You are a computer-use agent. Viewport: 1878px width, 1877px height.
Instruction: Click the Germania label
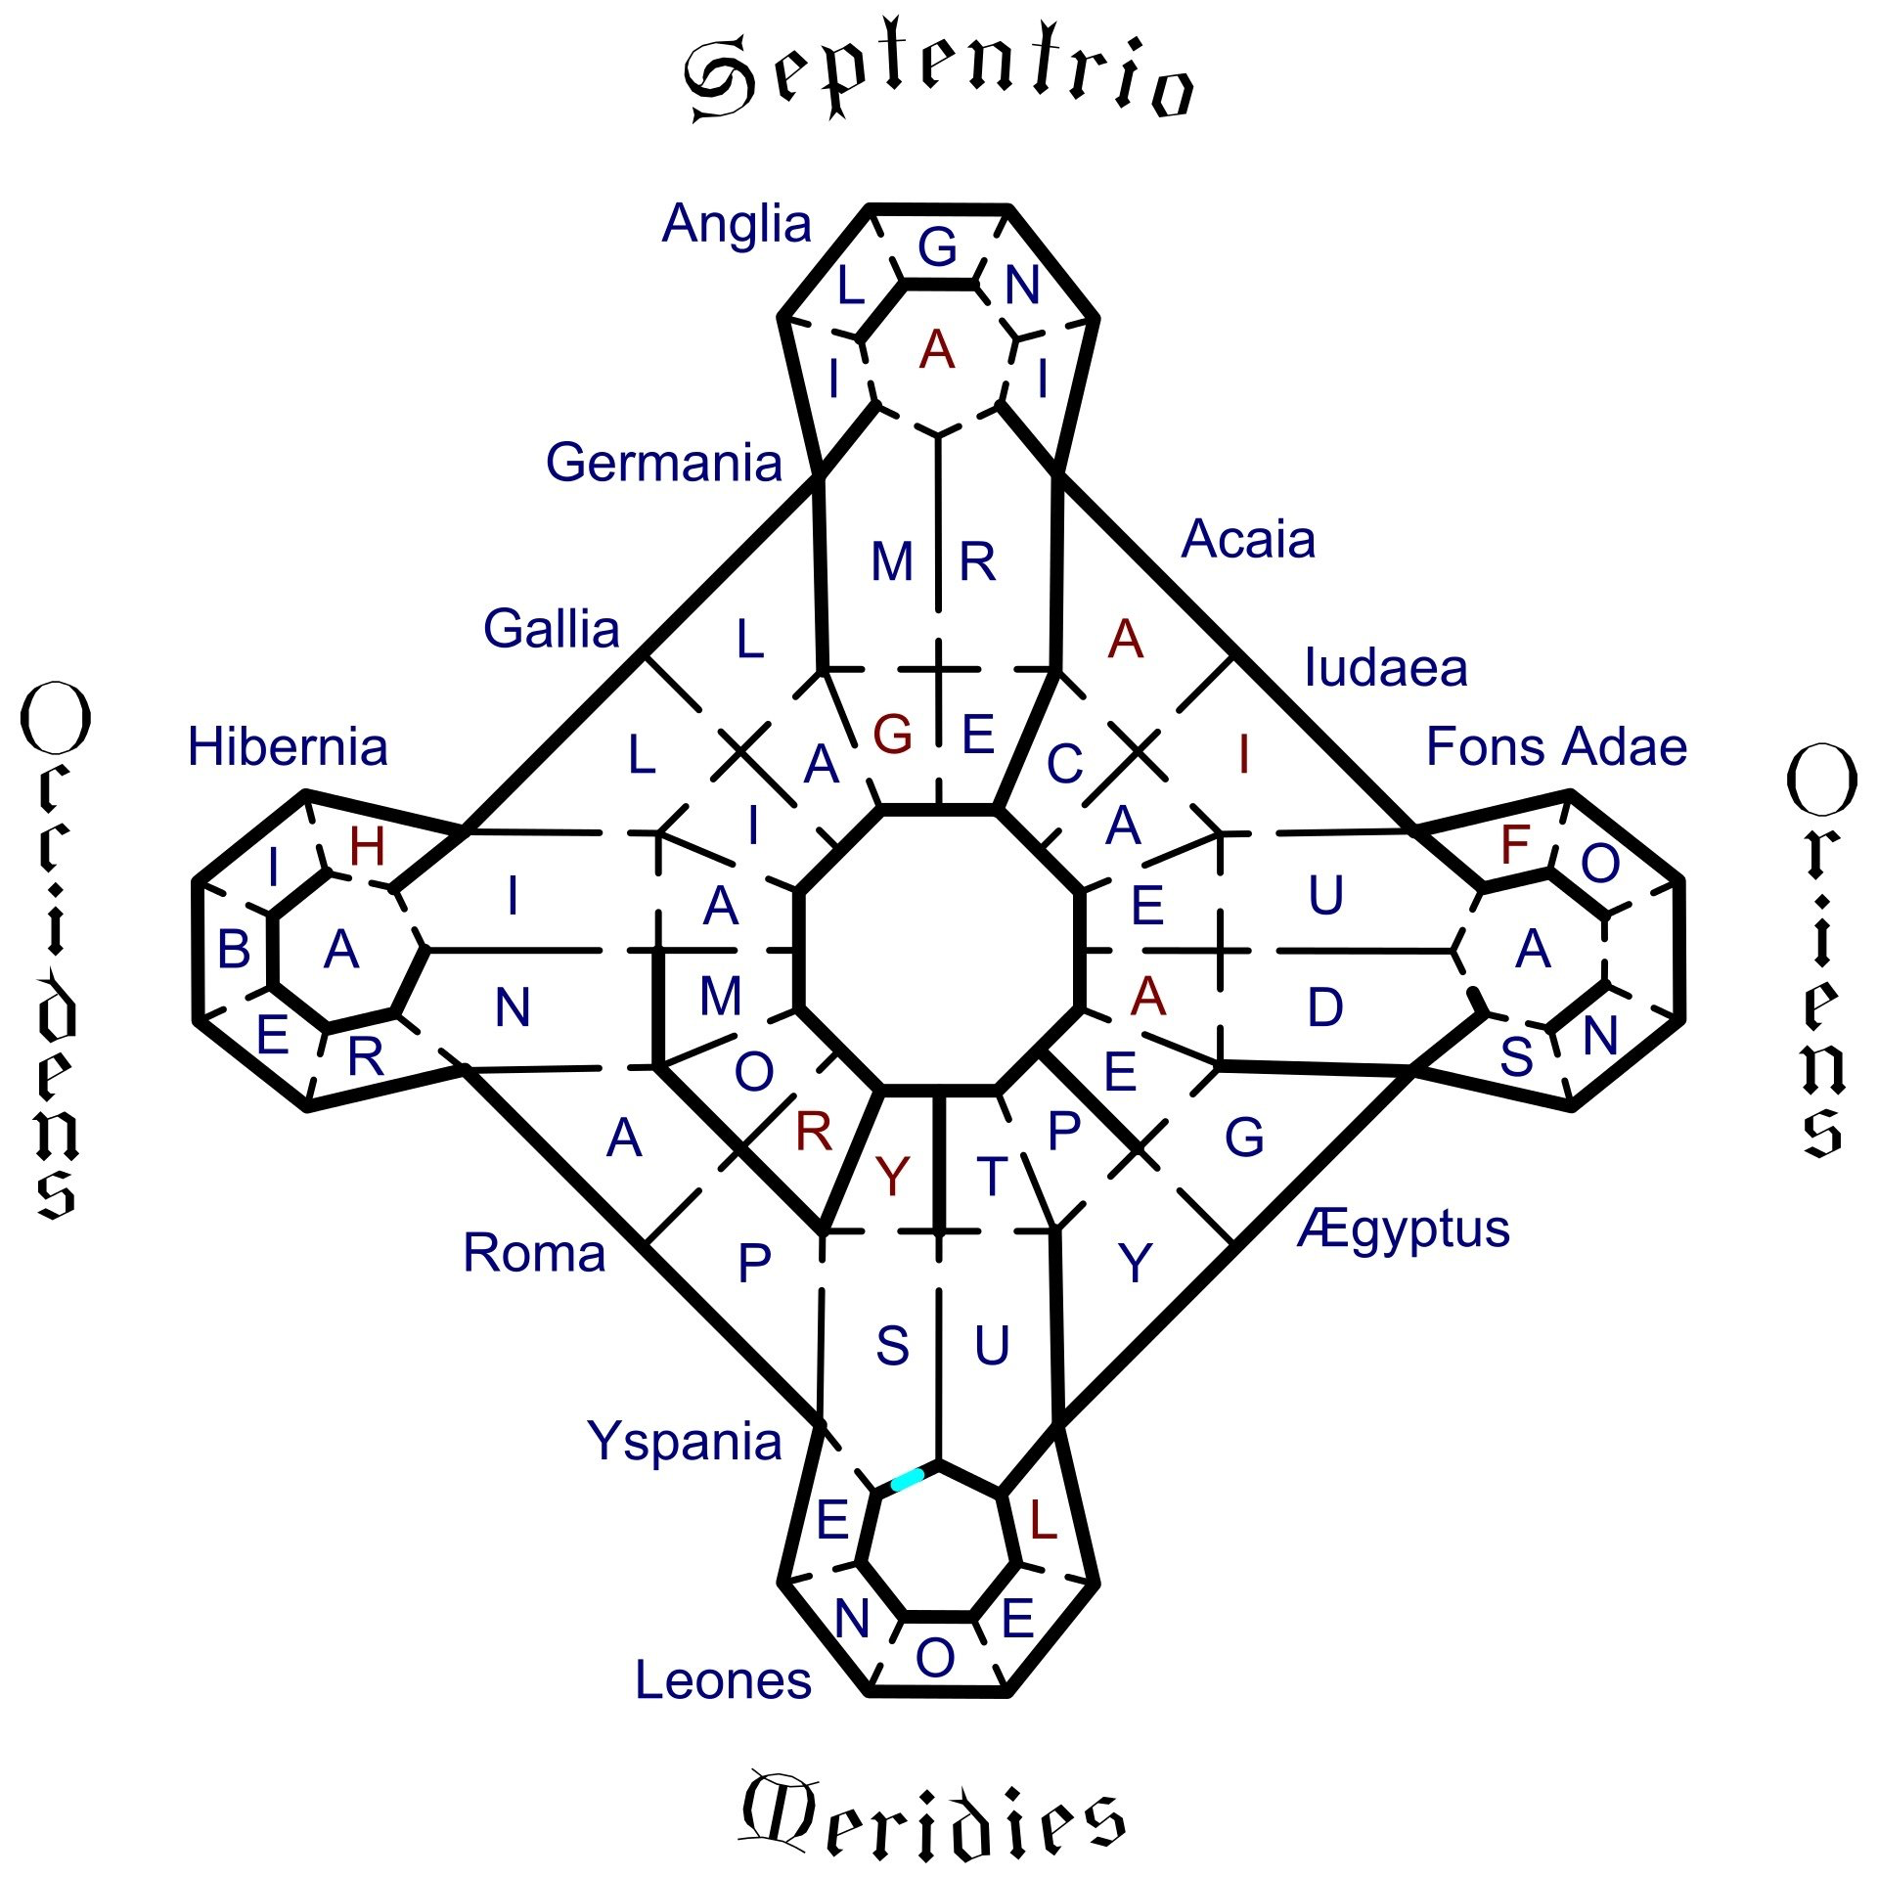tap(664, 462)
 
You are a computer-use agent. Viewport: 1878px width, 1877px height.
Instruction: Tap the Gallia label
tap(552, 628)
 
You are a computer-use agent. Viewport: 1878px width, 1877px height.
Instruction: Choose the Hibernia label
tap(288, 746)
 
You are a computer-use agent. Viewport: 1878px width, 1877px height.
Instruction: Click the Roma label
tap(534, 1253)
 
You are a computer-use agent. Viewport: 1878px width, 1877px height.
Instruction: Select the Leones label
tap(723, 1680)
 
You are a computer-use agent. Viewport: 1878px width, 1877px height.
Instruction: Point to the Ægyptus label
tap(1405, 1230)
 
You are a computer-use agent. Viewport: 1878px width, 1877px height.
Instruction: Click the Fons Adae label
tap(1556, 746)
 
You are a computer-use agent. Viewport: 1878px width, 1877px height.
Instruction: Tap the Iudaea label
tap(1386, 668)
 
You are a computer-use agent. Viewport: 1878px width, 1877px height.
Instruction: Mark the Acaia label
tap(1248, 539)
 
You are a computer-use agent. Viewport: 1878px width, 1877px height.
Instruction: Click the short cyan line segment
tap(907, 1479)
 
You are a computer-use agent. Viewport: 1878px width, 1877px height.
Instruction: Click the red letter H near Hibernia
tap(368, 847)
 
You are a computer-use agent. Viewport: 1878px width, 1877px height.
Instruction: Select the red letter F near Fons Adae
tap(1515, 844)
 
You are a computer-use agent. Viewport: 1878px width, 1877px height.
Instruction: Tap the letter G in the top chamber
tap(937, 246)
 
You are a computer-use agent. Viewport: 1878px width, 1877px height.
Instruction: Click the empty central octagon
tap(939, 949)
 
